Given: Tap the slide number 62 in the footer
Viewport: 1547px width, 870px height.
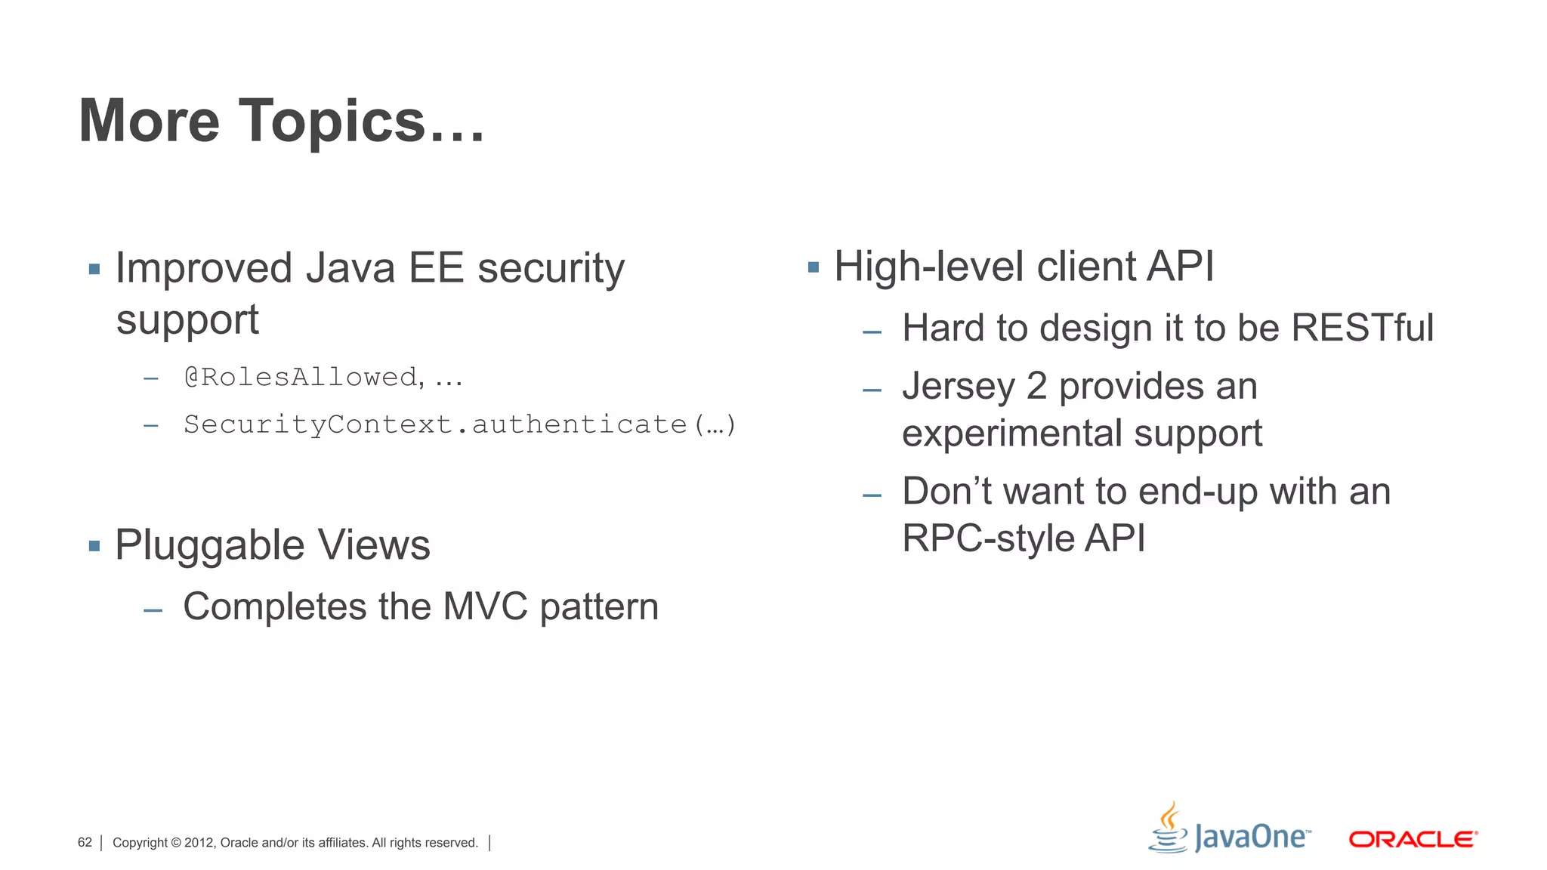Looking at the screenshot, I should click(85, 843).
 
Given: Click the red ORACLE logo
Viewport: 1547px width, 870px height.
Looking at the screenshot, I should click(1413, 839).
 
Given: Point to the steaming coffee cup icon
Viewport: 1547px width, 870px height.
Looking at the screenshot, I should click(1169, 828).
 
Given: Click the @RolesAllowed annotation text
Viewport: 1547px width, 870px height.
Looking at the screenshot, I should click(301, 377).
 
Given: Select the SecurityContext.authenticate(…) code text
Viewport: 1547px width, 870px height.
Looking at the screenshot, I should click(459, 424).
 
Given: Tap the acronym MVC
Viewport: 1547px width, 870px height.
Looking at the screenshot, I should click(485, 606).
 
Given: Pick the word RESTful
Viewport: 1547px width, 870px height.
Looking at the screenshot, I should click(1362, 328).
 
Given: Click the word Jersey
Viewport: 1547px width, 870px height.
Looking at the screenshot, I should click(958, 387).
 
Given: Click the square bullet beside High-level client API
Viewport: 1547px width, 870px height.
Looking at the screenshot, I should click(814, 267).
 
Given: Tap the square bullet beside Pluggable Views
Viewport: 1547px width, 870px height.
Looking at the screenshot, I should click(94, 546).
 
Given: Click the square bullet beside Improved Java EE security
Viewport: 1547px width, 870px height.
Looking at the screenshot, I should click(94, 269).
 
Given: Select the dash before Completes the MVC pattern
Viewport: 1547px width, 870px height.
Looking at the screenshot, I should click(153, 609).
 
